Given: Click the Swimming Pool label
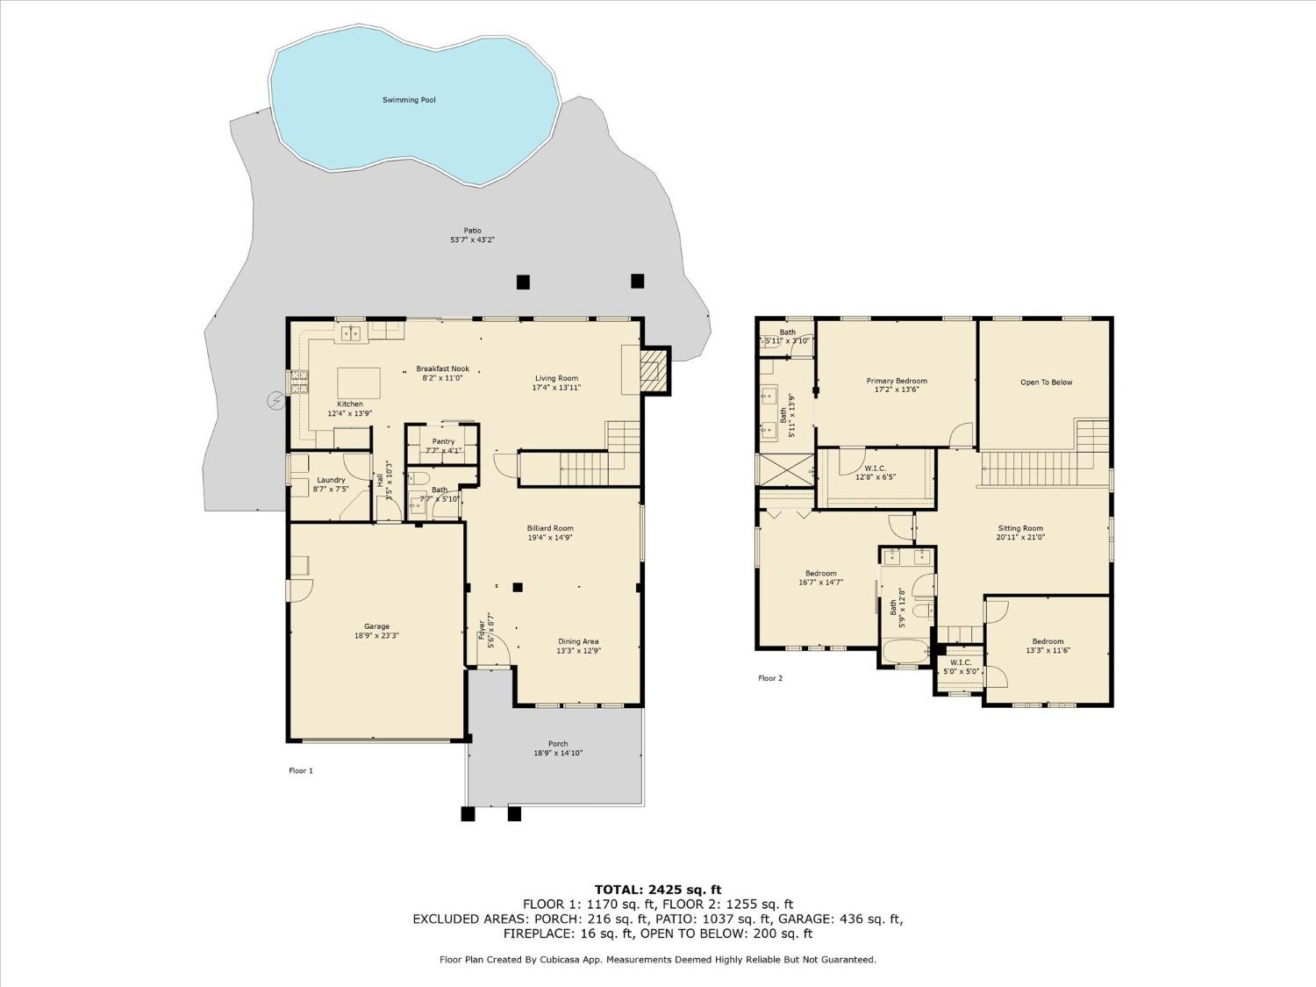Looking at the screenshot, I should [409, 100].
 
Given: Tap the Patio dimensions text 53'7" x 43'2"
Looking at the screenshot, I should [472, 240].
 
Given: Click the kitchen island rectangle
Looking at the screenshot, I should [359, 383].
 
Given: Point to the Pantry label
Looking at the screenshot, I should [443, 441].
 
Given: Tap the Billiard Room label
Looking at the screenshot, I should [550, 528].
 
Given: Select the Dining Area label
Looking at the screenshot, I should [578, 641].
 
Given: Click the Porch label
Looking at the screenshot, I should [558, 744].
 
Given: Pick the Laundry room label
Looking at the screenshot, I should [331, 480].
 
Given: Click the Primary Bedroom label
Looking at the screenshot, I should [897, 381].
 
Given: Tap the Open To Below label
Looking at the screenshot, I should [1046, 383].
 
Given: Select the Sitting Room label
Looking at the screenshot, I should [1020, 529].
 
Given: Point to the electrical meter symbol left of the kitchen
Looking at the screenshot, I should [275, 401].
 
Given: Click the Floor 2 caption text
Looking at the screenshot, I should [769, 678].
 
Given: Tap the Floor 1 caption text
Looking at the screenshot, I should [300, 771].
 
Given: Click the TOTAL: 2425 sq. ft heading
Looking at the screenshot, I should [657, 890].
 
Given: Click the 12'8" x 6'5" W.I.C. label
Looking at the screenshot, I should [874, 472].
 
